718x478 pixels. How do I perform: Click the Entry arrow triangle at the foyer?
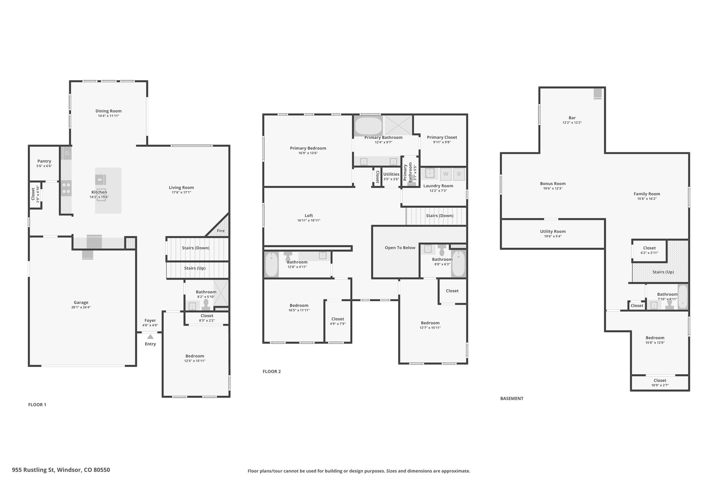150,337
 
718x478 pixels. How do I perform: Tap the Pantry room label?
45,161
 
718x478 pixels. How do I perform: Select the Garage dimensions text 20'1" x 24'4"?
81,307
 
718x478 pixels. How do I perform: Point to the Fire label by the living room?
221,231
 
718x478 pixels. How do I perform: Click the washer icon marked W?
446,174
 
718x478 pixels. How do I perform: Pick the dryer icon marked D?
459,174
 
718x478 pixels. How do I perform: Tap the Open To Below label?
400,248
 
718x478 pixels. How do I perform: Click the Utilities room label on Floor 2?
391,174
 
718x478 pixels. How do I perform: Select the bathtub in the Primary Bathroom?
368,126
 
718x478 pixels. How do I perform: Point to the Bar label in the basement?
572,118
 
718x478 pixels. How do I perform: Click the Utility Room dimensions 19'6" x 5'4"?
553,236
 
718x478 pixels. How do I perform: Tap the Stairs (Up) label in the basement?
663,272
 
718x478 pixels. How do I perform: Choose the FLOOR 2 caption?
272,372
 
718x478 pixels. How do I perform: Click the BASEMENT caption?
512,399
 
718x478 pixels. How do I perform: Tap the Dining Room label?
109,111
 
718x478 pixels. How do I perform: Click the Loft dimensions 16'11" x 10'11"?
309,221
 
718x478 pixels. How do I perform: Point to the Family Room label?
647,194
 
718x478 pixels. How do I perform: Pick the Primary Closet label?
442,137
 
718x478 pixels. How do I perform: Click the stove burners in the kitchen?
66,188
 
